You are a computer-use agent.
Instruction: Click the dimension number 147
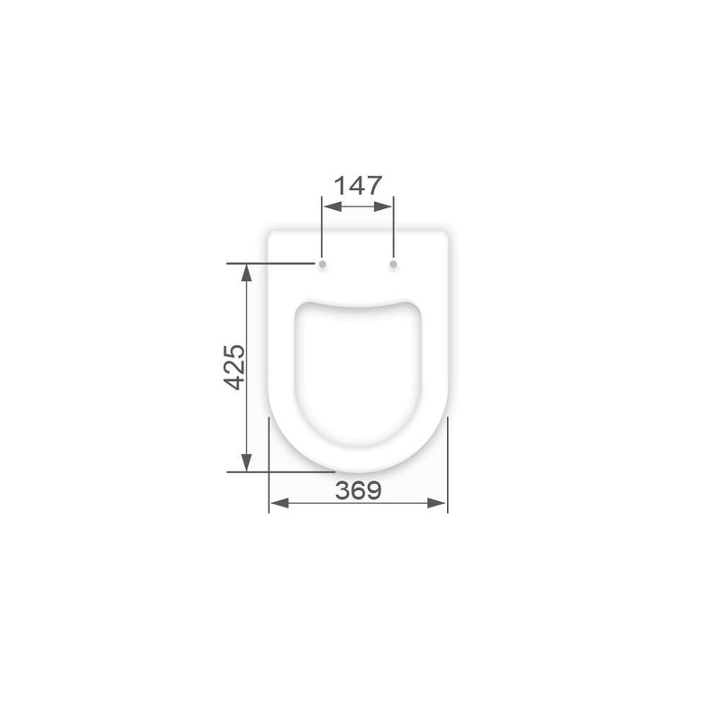click(x=358, y=186)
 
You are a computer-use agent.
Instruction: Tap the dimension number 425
click(x=234, y=368)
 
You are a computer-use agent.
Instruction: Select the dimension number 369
click(x=358, y=490)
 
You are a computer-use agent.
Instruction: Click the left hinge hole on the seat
click(x=323, y=264)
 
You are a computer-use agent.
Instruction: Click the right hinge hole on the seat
click(x=393, y=264)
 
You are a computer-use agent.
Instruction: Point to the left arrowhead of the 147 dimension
click(x=332, y=206)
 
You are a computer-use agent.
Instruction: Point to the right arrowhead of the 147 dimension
click(x=383, y=206)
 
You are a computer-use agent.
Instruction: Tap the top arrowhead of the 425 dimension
click(x=246, y=273)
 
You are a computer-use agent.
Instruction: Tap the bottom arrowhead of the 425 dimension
click(x=246, y=462)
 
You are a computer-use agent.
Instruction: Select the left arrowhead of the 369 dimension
click(x=279, y=503)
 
